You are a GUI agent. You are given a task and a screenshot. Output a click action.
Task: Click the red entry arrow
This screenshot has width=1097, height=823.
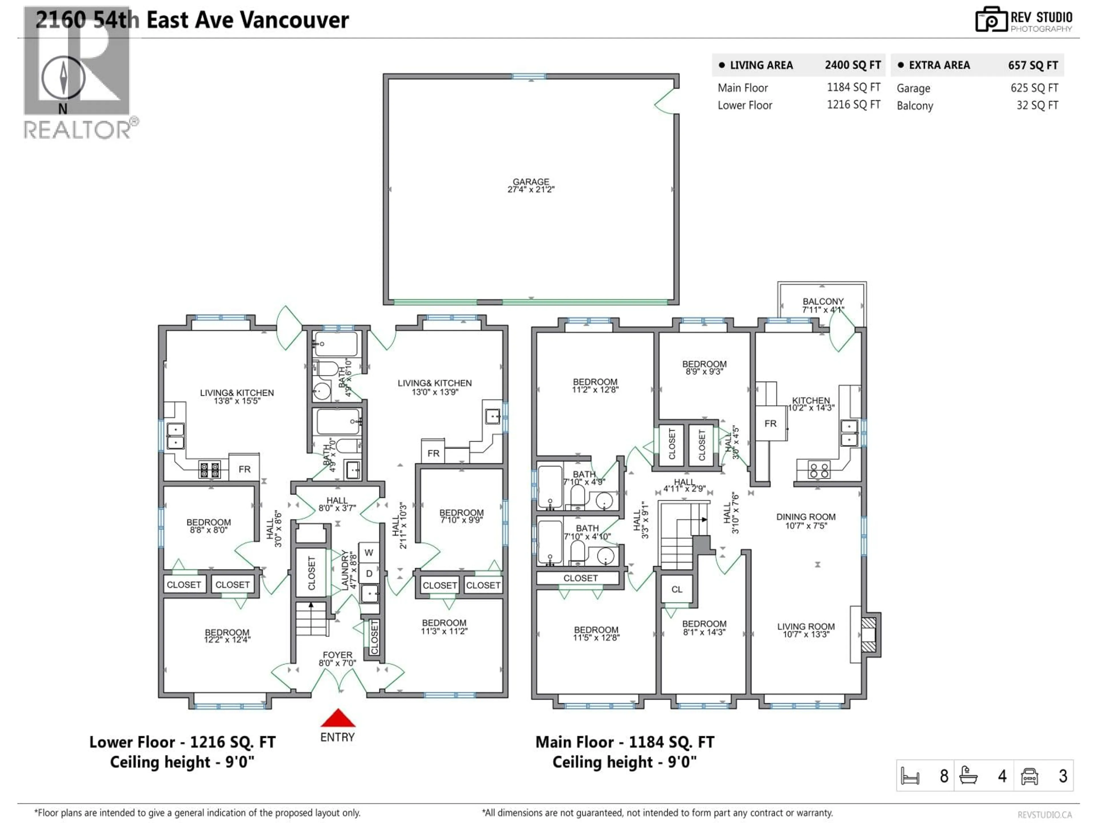point(338,718)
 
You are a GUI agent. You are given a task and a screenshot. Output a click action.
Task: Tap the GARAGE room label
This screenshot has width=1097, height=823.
point(531,185)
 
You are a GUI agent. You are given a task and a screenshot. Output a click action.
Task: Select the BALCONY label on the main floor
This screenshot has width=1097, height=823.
point(823,305)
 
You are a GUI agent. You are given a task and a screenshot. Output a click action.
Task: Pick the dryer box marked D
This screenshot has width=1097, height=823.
point(369,574)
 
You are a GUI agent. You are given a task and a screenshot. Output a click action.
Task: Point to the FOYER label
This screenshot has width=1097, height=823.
point(337,658)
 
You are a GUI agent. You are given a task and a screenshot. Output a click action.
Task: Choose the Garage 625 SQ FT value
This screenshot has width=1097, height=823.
point(1034,88)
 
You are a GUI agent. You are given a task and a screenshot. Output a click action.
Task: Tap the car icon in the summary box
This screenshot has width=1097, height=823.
point(1029,776)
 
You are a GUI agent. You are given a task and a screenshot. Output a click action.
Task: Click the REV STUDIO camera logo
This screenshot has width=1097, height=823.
point(991,20)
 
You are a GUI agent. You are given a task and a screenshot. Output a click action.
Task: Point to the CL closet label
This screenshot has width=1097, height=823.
point(677,589)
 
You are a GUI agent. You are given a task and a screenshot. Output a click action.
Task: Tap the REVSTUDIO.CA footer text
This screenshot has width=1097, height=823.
point(1044,814)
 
